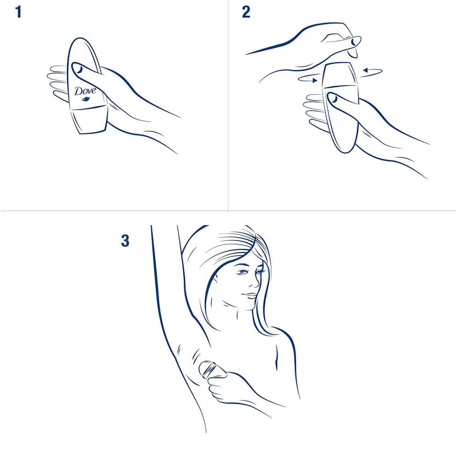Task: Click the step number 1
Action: pyautogui.click(x=18, y=12)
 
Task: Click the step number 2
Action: pyautogui.click(x=246, y=12)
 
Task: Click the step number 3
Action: pyautogui.click(x=125, y=241)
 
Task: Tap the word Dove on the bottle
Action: pyautogui.click(x=85, y=91)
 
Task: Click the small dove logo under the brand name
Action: pyautogui.click(x=86, y=99)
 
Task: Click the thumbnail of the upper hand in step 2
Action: pyautogui.click(x=354, y=42)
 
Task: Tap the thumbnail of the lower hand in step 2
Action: pyautogui.click(x=333, y=98)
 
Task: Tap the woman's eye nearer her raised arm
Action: pyautogui.click(x=243, y=272)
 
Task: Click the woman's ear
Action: pyautogui.click(x=215, y=281)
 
